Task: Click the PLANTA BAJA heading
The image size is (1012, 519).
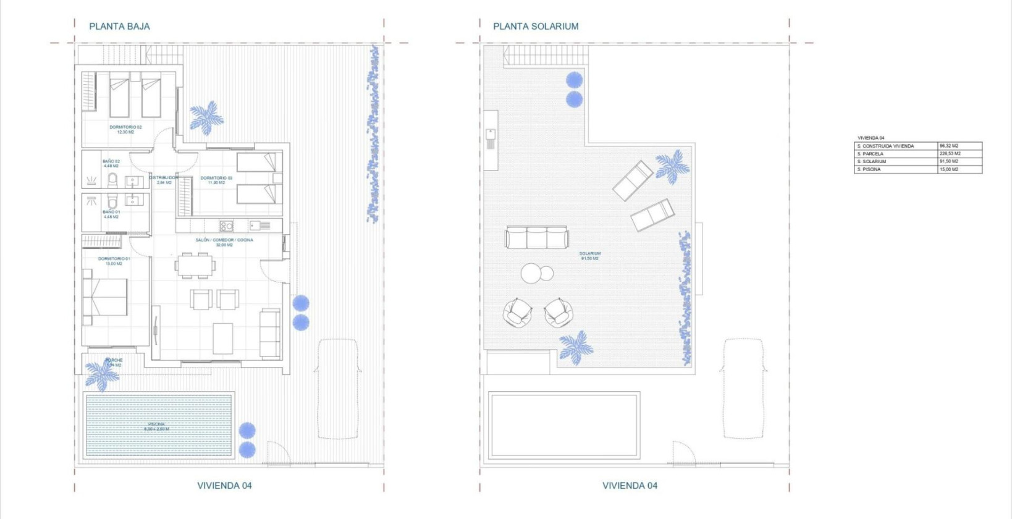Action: click(119, 27)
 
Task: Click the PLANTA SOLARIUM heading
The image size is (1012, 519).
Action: click(536, 27)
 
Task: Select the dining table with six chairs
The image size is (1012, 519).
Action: click(195, 266)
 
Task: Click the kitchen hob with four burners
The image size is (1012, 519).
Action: click(226, 226)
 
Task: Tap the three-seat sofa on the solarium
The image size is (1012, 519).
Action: click(536, 237)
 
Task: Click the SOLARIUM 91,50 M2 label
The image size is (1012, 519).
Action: click(590, 256)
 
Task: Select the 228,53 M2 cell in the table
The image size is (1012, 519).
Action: click(950, 154)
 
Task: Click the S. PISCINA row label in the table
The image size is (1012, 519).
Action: click(869, 169)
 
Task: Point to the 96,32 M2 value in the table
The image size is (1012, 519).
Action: click(949, 146)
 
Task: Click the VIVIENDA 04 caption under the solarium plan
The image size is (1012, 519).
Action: click(630, 486)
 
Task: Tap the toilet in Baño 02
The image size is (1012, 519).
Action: click(112, 180)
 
